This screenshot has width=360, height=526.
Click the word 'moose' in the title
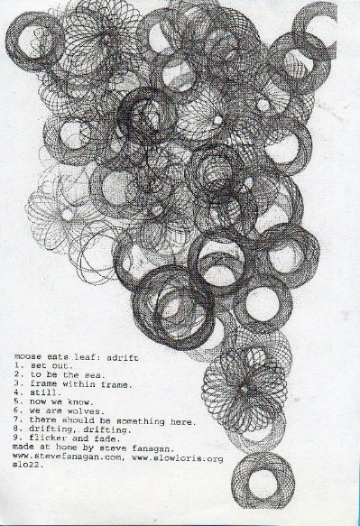click(x=28, y=356)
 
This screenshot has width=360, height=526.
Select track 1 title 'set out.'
click(x=51, y=365)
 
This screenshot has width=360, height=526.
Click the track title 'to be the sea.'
click(x=68, y=374)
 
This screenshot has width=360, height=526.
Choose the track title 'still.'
click(x=46, y=392)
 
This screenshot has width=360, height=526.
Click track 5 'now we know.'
click(x=61, y=401)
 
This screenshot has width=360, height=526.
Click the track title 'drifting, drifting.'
click(x=80, y=429)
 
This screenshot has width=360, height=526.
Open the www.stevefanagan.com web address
click(x=67, y=457)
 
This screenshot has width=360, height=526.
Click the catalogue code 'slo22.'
click(x=28, y=466)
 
